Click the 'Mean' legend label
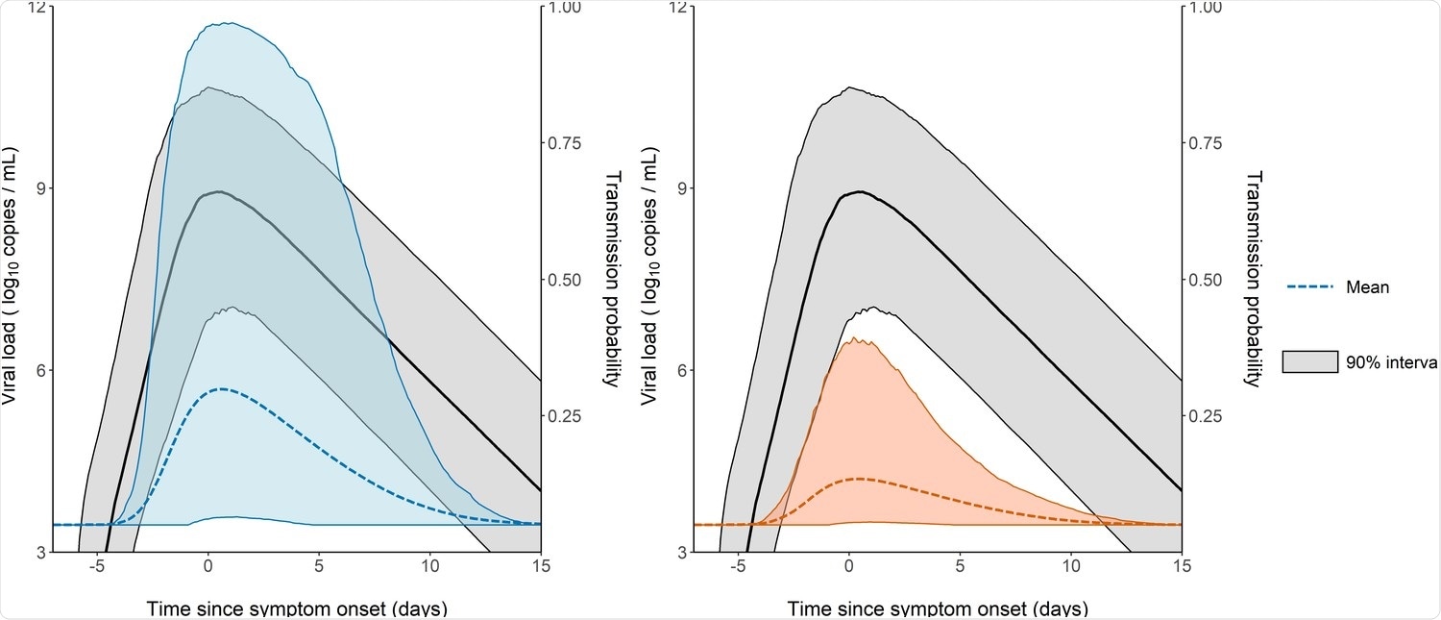tap(1367, 286)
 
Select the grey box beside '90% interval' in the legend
tap(1310, 361)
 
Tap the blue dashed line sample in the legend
tap(1310, 286)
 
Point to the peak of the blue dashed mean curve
tap(222, 388)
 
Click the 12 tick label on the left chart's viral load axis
tap(37, 8)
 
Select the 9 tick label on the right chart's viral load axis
tap(681, 188)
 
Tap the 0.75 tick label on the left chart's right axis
tap(567, 143)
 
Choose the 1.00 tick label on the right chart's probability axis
tap(1208, 8)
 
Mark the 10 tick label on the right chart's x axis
tap(1069, 567)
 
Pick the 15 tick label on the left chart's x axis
tap(540, 567)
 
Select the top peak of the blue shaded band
tap(227, 23)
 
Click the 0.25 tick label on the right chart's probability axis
tap(1208, 416)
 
